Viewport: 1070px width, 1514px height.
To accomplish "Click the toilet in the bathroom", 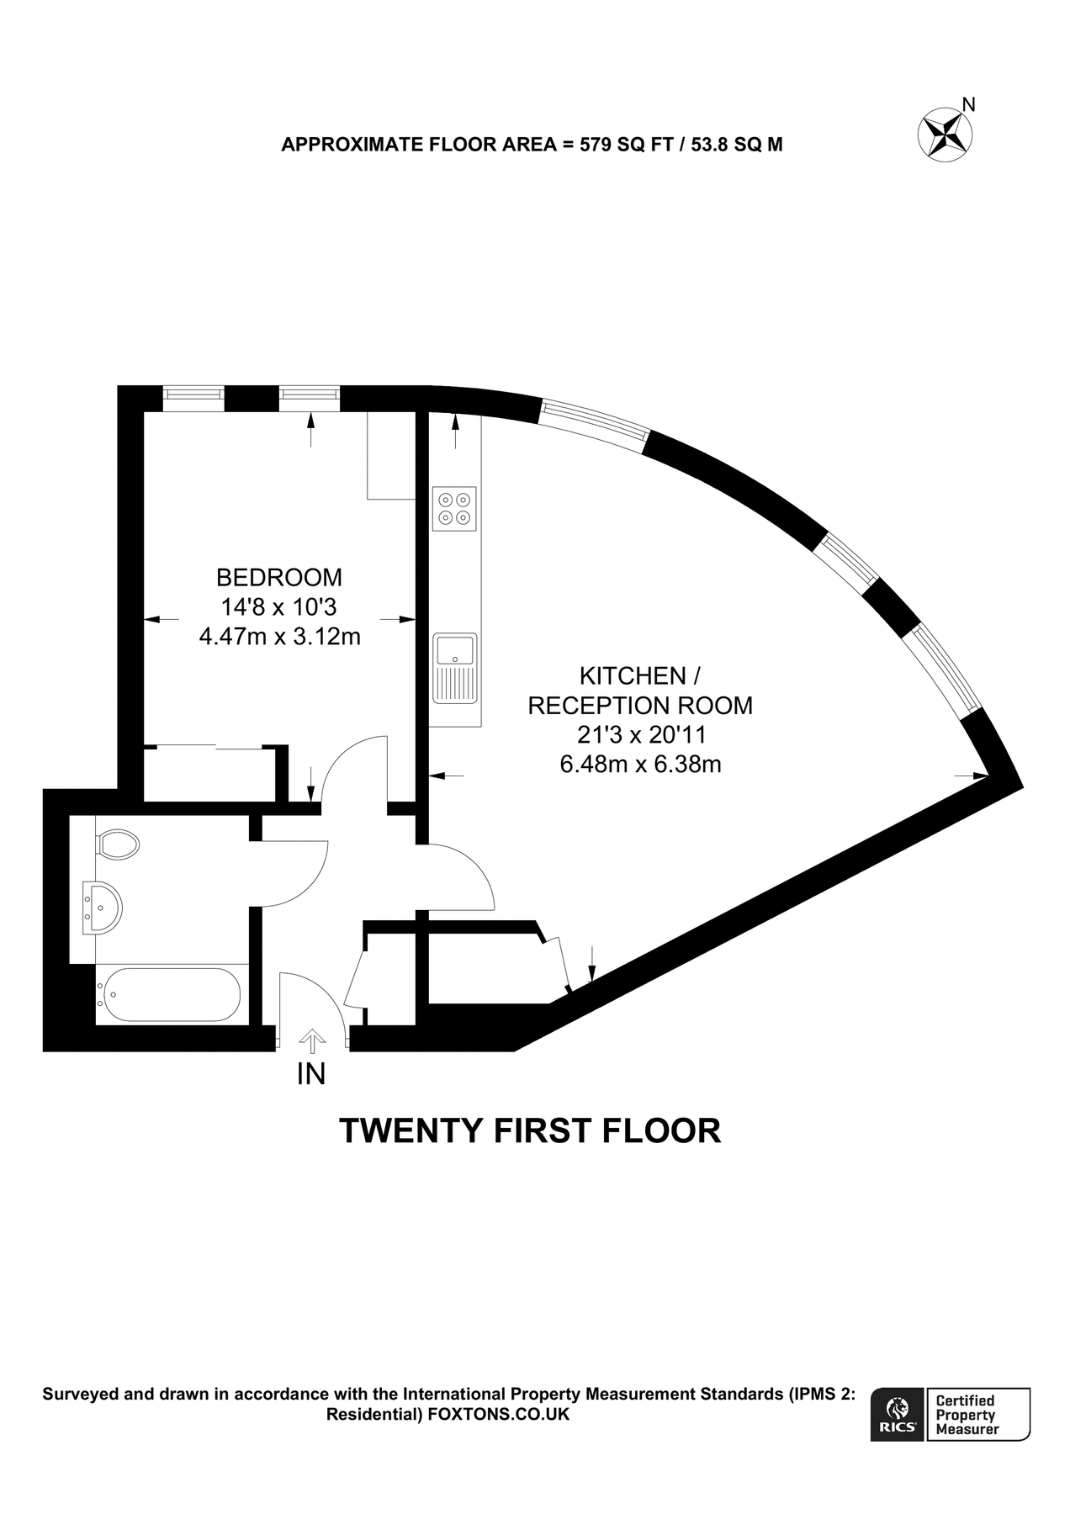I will tap(117, 844).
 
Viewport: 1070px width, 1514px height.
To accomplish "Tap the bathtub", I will tap(168, 994).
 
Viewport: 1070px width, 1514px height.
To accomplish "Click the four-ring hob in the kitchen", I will tap(454, 508).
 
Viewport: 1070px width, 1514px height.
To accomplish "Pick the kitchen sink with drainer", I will tap(454, 668).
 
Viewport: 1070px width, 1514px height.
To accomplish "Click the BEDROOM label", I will tap(279, 578).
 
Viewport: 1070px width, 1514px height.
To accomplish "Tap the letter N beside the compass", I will tap(969, 104).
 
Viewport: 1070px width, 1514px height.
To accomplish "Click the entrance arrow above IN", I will tap(312, 1040).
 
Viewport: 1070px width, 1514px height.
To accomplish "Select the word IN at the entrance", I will tap(311, 1074).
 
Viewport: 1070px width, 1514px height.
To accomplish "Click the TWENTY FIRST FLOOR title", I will tap(530, 1131).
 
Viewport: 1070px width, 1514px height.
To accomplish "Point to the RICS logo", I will tap(898, 1415).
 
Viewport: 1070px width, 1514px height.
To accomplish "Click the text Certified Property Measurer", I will tap(967, 1415).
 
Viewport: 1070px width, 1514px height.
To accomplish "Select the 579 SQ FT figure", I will tap(622, 145).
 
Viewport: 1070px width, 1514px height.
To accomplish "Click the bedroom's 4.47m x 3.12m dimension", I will tap(279, 637).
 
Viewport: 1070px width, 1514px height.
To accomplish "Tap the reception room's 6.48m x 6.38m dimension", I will tap(640, 765).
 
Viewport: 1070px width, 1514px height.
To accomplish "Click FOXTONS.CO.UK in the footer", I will tap(499, 1415).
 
